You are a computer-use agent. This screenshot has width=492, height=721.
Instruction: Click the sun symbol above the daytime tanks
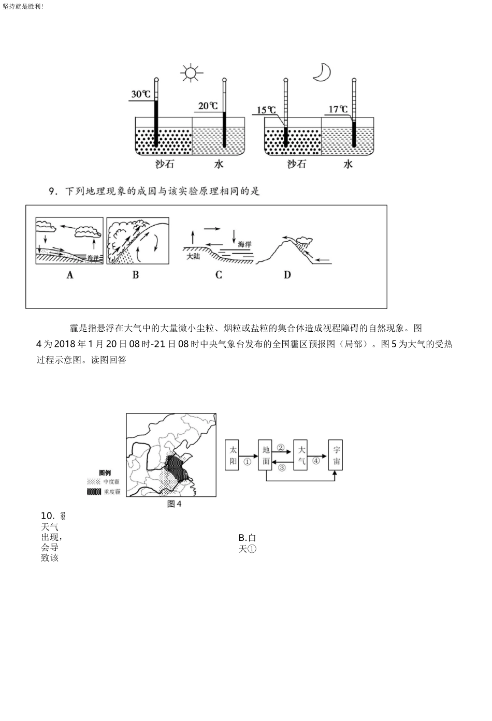[190, 72]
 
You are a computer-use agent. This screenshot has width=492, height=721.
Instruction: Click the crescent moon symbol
[322, 72]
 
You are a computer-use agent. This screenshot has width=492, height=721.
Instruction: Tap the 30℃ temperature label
[140, 95]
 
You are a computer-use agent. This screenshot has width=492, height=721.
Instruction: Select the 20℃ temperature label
[208, 106]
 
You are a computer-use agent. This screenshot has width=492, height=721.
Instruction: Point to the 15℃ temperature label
[266, 110]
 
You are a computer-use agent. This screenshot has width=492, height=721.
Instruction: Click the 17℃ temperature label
[338, 109]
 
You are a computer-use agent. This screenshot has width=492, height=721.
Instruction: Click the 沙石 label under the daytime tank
[152, 164]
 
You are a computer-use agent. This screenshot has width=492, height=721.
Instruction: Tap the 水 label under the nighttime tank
[348, 164]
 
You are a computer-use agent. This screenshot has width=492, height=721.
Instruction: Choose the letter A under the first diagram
[70, 275]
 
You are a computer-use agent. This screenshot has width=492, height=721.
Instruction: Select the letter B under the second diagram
[136, 275]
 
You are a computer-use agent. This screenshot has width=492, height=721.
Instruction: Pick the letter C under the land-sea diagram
[219, 275]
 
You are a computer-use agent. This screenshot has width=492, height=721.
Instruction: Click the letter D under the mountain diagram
[287, 275]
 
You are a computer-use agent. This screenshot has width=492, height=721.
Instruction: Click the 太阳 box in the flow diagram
[233, 455]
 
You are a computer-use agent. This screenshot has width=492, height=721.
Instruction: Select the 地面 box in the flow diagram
[266, 455]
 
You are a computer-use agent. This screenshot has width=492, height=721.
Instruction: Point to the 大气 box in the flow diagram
[301, 455]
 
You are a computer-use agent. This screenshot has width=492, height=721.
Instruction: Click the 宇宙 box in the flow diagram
[336, 455]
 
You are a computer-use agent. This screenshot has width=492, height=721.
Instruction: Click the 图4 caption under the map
[175, 504]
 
